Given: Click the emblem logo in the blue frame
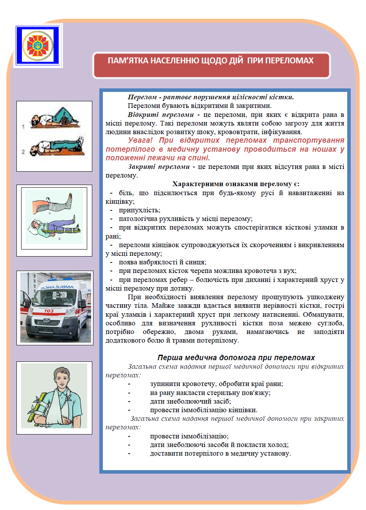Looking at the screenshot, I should pyautogui.click(x=38, y=45).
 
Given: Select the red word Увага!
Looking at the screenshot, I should pyautogui.click(x=140, y=140).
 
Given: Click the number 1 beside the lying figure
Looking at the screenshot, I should pyautogui.click(x=23, y=126).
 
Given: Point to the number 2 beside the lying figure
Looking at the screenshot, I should pyautogui.click(x=23, y=151).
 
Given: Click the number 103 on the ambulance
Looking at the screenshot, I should pyautogui.click(x=49, y=311).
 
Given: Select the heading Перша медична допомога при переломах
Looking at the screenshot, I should pyautogui.click(x=236, y=358).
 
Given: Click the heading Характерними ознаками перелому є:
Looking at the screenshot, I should pyautogui.click(x=236, y=184).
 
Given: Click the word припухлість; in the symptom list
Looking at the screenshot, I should pyautogui.click(x=140, y=210).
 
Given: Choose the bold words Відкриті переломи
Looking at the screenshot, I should pyautogui.click(x=160, y=115).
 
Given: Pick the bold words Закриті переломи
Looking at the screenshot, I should pyautogui.click(x=159, y=167).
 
